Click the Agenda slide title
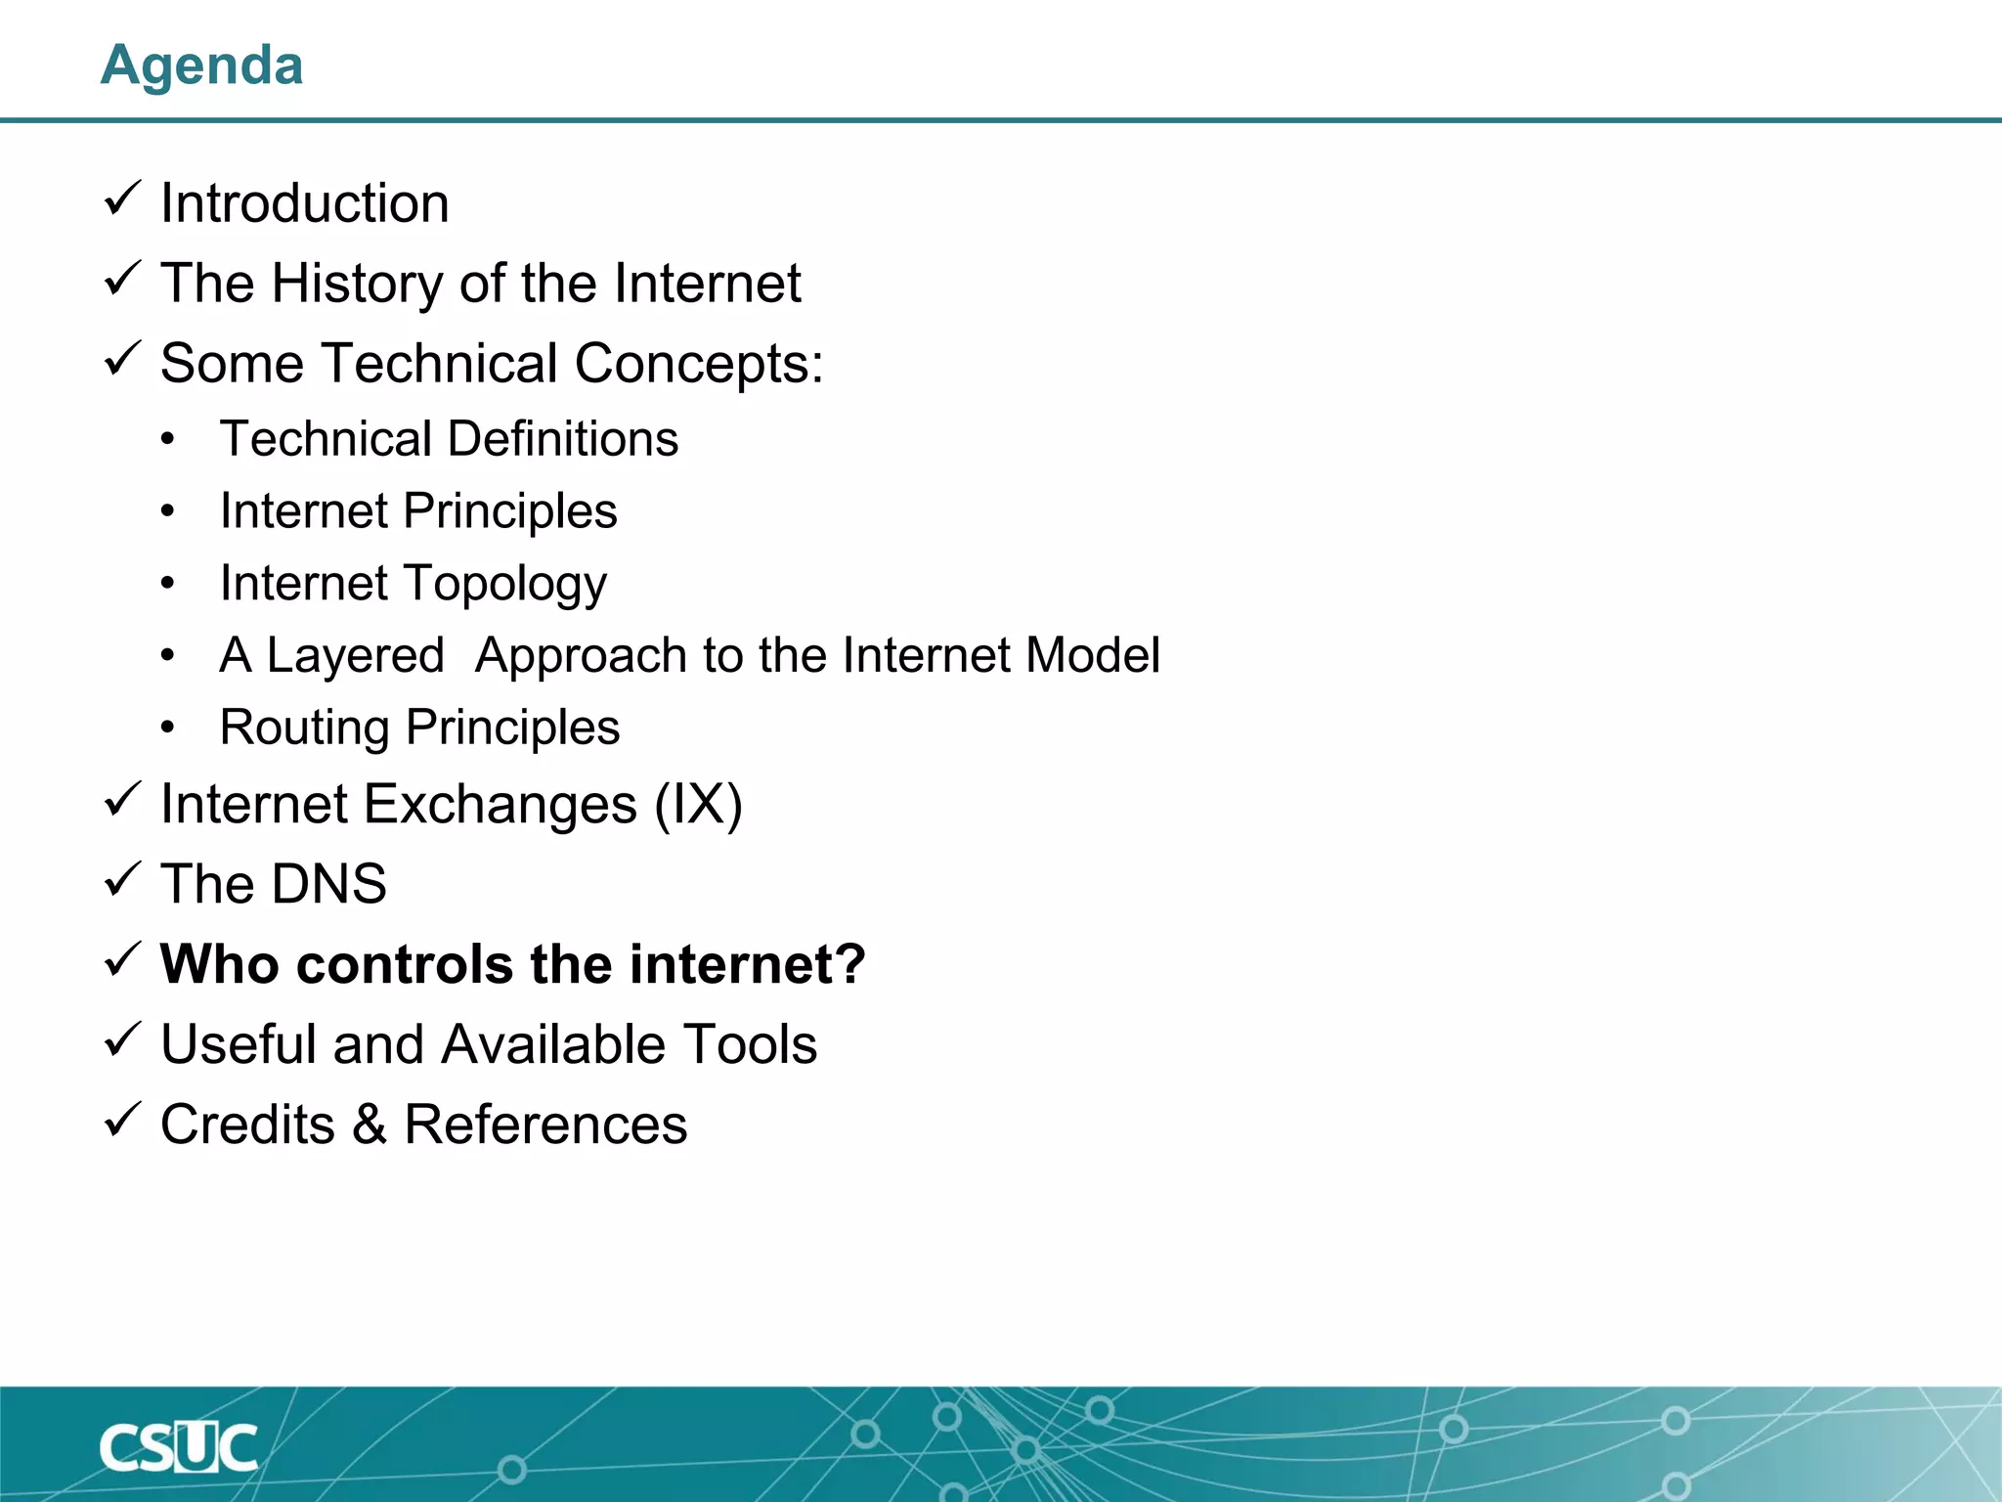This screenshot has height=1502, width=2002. [x=202, y=66]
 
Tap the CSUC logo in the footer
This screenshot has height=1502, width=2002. [x=178, y=1447]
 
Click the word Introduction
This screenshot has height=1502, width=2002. [x=305, y=203]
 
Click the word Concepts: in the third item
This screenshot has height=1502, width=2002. [x=699, y=364]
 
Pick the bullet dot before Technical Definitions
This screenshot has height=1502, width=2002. [x=168, y=440]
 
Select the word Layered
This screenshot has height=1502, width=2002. [x=356, y=655]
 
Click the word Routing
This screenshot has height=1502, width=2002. [x=305, y=729]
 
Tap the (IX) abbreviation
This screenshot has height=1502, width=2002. [x=698, y=805]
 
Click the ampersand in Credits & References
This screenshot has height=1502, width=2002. [x=370, y=1125]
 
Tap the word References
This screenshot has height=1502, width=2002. [x=545, y=1125]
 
